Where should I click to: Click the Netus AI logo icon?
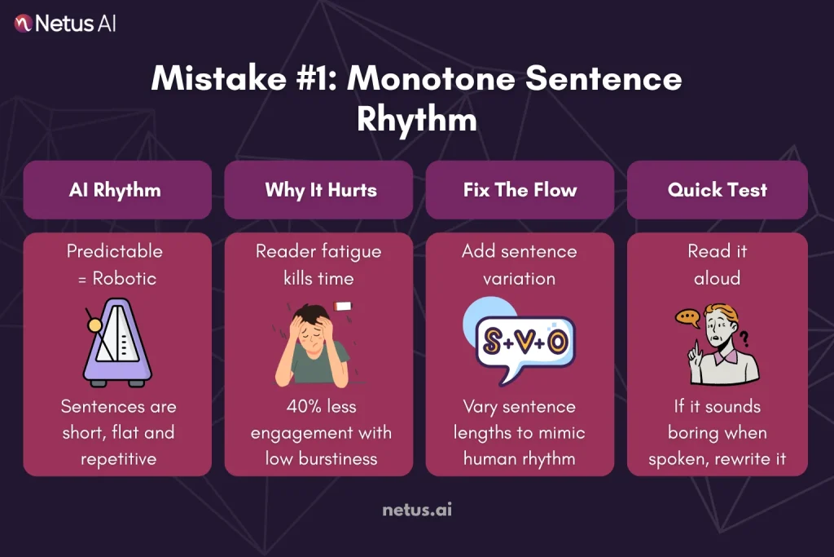coord(23,24)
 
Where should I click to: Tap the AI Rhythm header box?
coord(116,190)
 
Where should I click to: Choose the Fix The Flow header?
coord(520,190)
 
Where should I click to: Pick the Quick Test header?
coord(717,190)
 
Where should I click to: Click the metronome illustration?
coord(116,343)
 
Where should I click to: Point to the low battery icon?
coord(343,307)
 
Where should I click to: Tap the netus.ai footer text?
coord(416,511)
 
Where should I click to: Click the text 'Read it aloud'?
coord(717,265)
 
